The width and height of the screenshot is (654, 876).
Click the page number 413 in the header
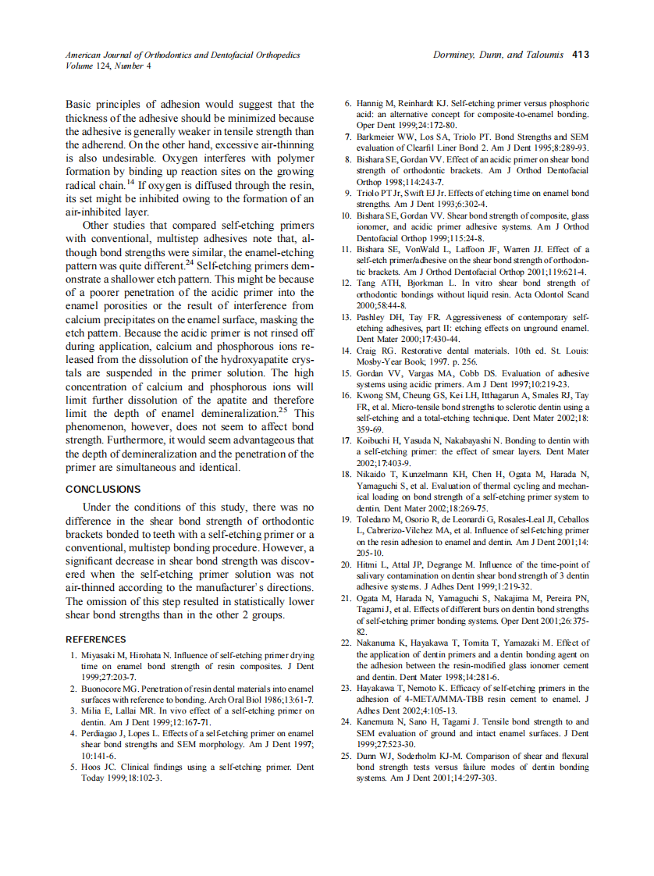pyautogui.click(x=580, y=55)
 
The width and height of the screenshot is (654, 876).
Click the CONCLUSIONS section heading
pyautogui.click(x=103, y=490)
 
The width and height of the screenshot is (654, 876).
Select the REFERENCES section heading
pyautogui.click(x=96, y=639)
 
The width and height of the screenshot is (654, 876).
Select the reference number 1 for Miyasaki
pyautogui.click(x=73, y=656)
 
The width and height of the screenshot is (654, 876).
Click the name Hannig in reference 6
pyautogui.click(x=370, y=104)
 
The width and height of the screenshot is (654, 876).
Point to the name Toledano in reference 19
pyautogui.click(x=374, y=519)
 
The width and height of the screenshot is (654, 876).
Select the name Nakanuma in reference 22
pyautogui.click(x=376, y=643)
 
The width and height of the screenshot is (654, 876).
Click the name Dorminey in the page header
pyautogui.click(x=455, y=55)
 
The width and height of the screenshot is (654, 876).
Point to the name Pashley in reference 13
pyautogui.click(x=371, y=318)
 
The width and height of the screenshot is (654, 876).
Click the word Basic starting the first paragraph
pyautogui.click(x=82, y=104)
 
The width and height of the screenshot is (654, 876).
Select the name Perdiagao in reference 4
pyautogui.click(x=105, y=734)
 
